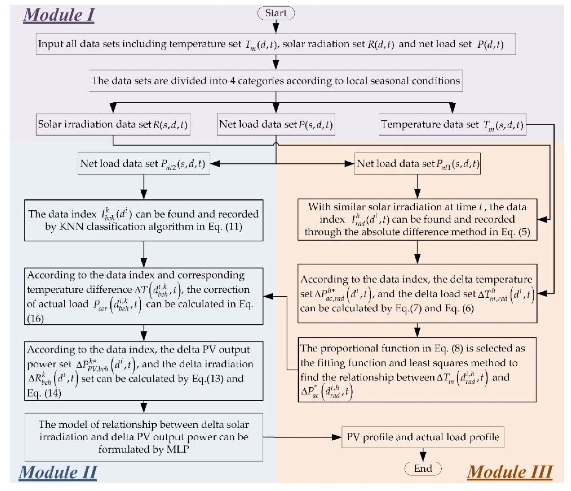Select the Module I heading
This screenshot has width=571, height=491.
point(59,15)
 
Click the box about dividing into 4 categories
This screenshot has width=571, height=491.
point(276,81)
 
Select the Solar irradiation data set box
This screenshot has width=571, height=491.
point(113,124)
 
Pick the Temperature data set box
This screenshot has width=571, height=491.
point(452,124)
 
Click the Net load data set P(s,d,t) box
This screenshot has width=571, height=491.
point(276,124)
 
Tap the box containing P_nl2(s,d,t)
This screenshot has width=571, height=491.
point(143,164)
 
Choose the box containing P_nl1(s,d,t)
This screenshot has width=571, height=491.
point(417,164)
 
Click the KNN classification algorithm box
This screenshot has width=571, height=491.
point(143,220)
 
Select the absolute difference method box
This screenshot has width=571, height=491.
point(417,219)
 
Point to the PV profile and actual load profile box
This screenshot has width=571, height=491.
point(423,437)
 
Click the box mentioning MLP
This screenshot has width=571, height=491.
point(143,437)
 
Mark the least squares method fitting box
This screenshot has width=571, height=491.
point(417,370)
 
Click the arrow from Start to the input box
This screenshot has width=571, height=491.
point(276,27)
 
